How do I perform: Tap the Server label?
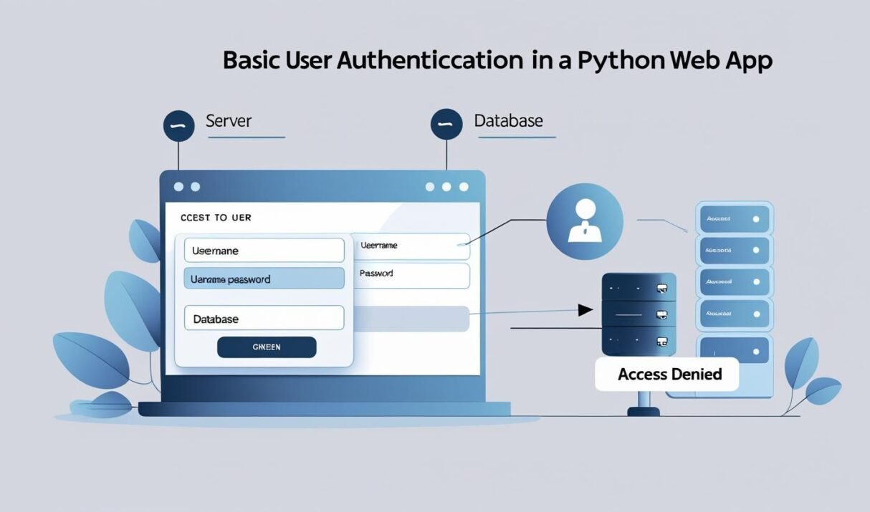click(x=229, y=120)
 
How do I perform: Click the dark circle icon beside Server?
click(x=179, y=125)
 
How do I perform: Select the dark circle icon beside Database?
click(x=446, y=125)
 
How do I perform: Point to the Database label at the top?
click(x=508, y=120)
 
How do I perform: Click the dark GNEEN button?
click(x=266, y=347)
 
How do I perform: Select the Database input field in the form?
click(x=264, y=319)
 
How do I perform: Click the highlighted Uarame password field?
click(x=264, y=279)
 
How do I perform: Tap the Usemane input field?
click(x=264, y=251)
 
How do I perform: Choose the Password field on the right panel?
click(x=412, y=274)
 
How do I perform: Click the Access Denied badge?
click(x=669, y=374)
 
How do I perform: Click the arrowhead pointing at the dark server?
click(x=585, y=311)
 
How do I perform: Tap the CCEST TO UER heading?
click(x=217, y=217)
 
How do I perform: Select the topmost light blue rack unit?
click(x=733, y=217)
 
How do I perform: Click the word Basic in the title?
click(x=252, y=60)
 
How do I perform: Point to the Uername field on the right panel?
click(x=412, y=246)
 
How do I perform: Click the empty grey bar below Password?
click(x=412, y=319)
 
